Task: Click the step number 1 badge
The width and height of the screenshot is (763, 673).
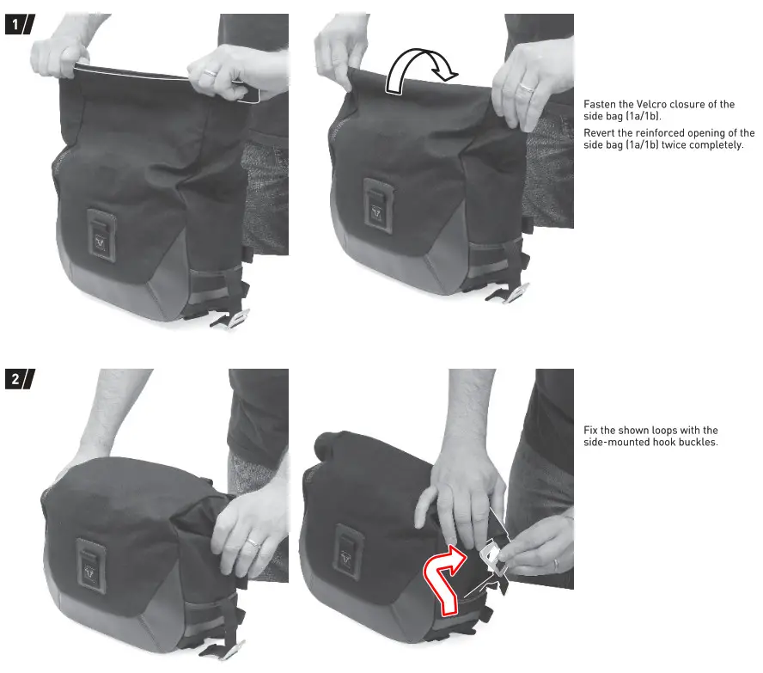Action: (19, 25)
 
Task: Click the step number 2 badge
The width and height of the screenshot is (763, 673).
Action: (19, 380)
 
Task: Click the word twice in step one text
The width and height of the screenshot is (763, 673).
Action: (678, 145)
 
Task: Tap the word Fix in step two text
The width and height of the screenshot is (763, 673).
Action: (591, 431)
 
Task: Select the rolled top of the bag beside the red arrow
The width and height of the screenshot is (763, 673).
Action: (328, 444)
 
